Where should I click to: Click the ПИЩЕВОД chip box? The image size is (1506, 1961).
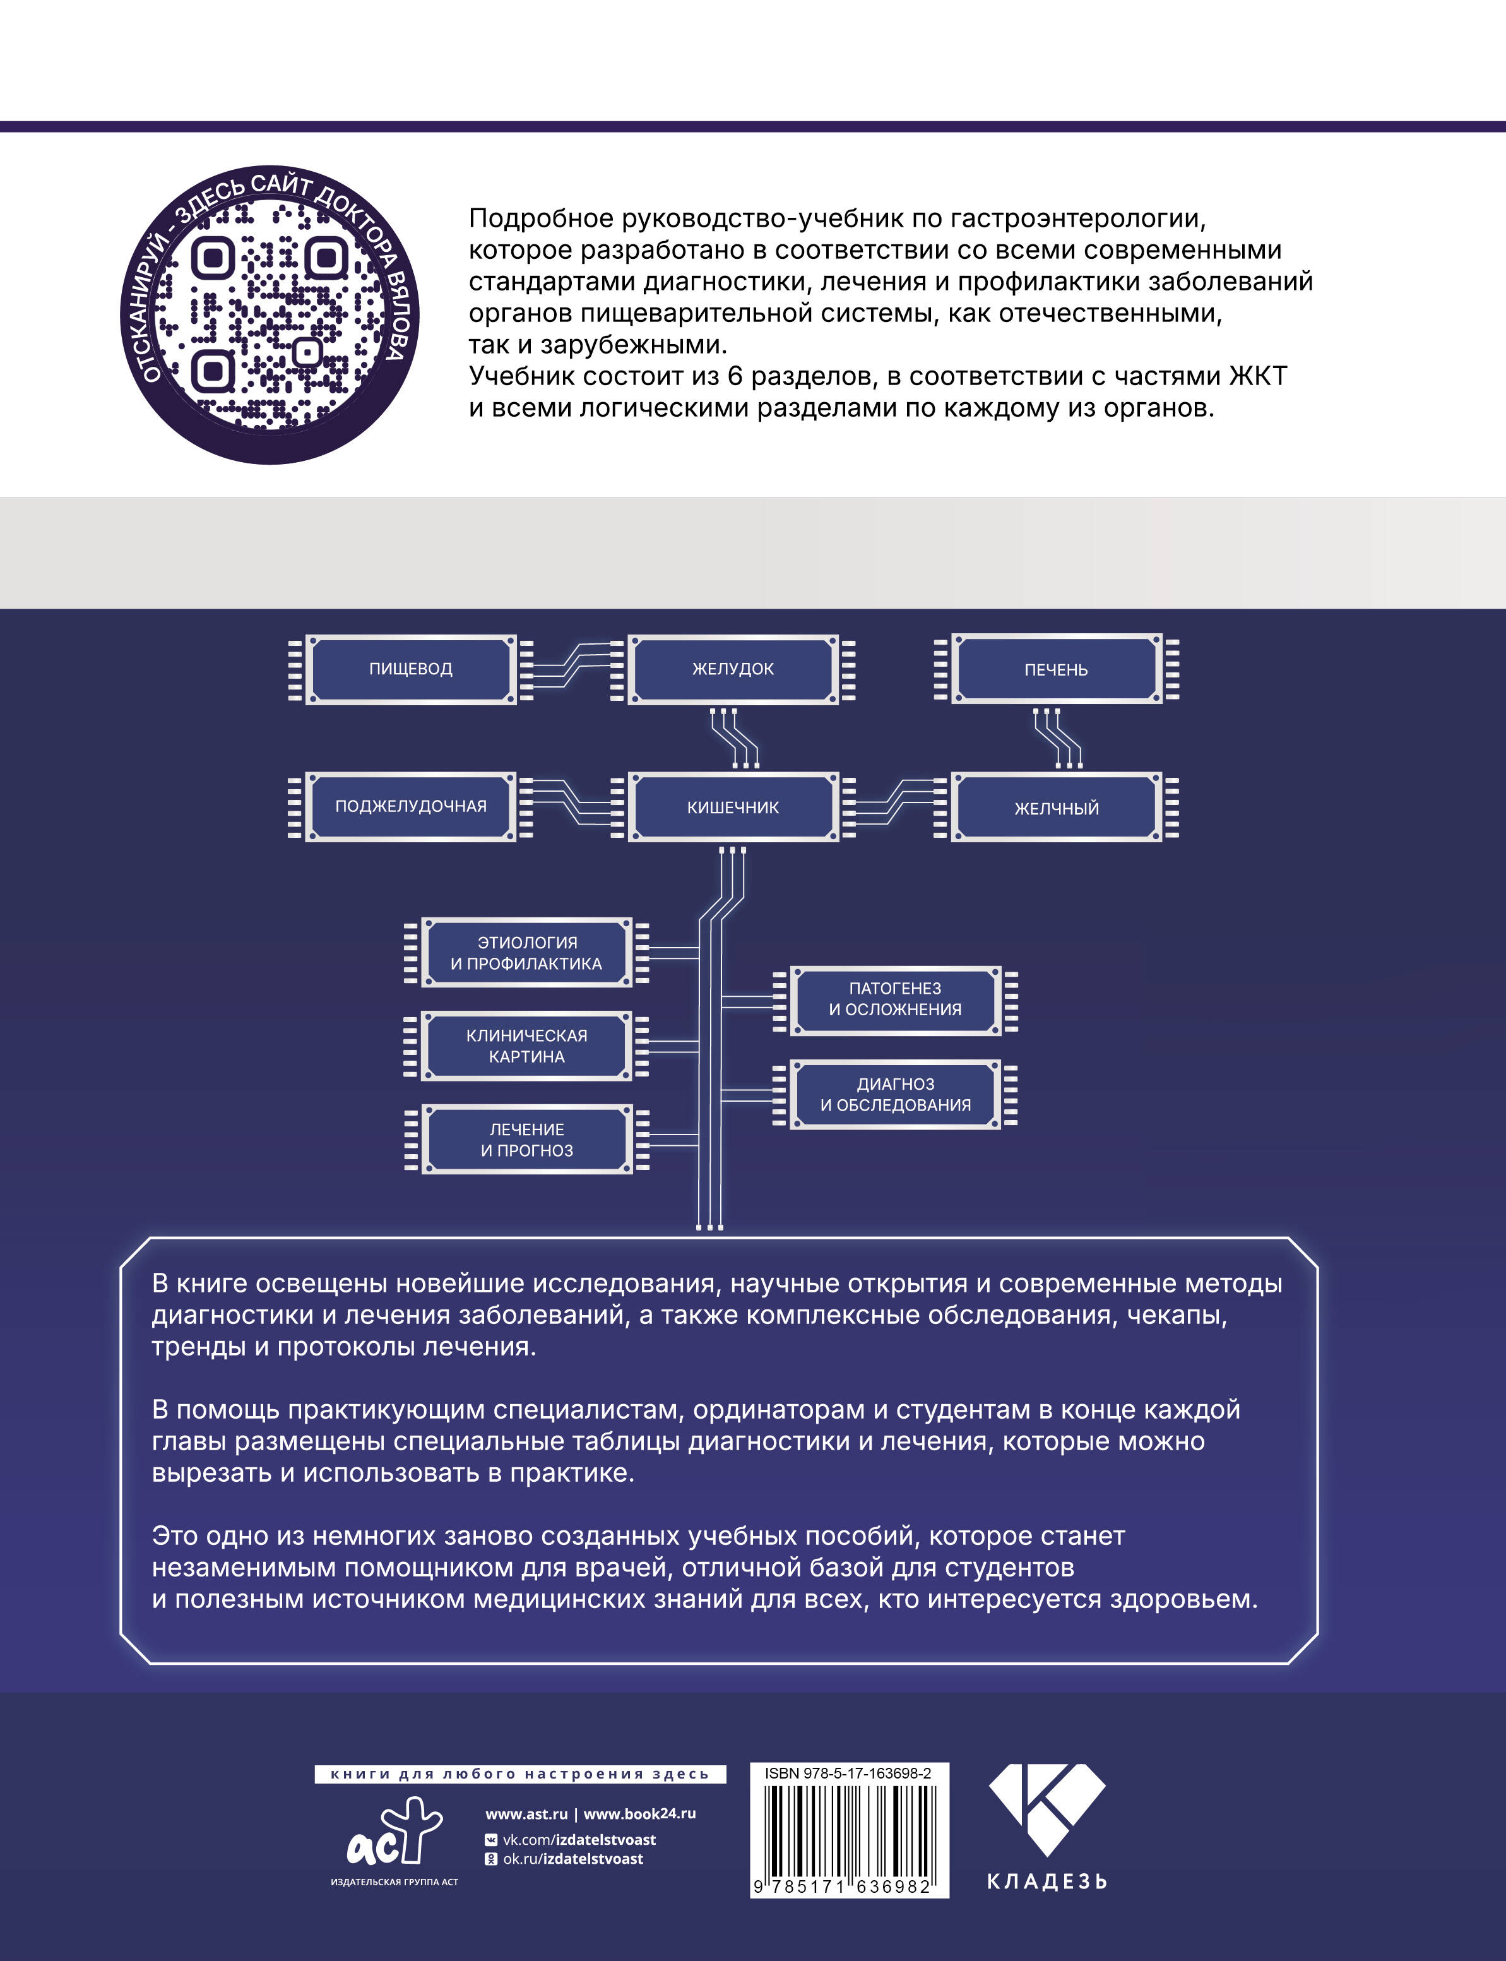[x=410, y=669]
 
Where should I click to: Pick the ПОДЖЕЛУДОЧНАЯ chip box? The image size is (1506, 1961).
[x=410, y=806]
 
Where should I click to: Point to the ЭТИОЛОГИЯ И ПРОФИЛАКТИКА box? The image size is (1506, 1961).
[x=526, y=952]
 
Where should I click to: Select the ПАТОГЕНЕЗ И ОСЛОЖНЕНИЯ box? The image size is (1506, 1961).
[x=894, y=999]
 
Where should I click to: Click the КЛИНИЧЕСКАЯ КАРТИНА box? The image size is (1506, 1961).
[x=526, y=1046]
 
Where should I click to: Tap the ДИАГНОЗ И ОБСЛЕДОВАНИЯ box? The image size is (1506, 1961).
[x=894, y=1094]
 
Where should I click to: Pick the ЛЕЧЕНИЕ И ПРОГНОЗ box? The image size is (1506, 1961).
[x=526, y=1140]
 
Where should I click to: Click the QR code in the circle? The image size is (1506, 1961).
[x=269, y=314]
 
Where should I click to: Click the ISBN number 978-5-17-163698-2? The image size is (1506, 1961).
[x=848, y=1773]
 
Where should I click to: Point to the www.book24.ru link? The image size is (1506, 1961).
[x=639, y=1813]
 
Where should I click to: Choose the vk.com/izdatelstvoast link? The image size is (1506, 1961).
[x=578, y=1839]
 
